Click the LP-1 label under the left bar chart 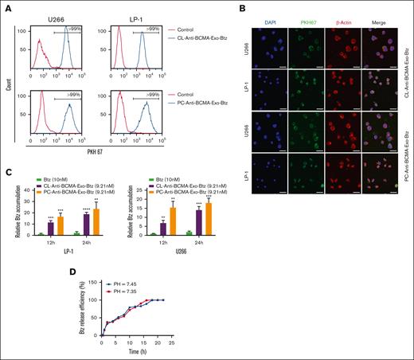(x=70, y=252)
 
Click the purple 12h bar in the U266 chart (x=163, y=229)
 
